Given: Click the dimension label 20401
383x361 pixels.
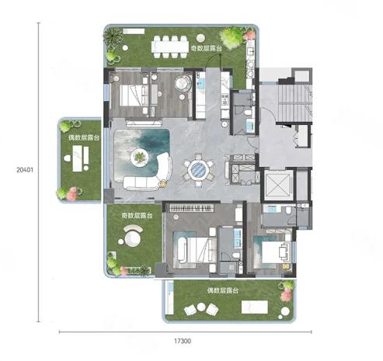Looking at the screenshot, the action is pyautogui.click(x=25, y=170).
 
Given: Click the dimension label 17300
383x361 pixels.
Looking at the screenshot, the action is pyautogui.click(x=183, y=341).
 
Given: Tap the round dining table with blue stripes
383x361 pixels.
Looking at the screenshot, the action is pyautogui.click(x=199, y=169).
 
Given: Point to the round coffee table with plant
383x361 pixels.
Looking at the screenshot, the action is pyautogui.click(x=140, y=158).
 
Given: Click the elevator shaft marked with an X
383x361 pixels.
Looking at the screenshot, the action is pyautogui.click(x=277, y=184).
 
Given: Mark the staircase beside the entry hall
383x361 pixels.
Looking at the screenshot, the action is pyautogui.click(x=294, y=102).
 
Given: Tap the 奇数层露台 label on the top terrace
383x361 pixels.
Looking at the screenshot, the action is pyautogui.click(x=206, y=48).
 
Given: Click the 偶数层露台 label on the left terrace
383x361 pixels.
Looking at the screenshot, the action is pyautogui.click(x=84, y=137).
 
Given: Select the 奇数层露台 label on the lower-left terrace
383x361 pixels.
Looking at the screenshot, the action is pyautogui.click(x=137, y=215).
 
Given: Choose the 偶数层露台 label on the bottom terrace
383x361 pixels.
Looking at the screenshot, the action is pyautogui.click(x=223, y=290).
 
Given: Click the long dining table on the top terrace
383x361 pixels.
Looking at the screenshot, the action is pyautogui.click(x=170, y=47).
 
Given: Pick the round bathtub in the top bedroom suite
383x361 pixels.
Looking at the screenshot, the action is pyautogui.click(x=183, y=83).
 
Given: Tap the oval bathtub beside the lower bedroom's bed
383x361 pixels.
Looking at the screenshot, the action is pyautogui.click(x=182, y=250).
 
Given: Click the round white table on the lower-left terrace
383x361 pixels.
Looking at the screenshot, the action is pyautogui.click(x=133, y=239).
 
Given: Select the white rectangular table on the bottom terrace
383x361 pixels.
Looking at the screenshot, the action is pyautogui.click(x=254, y=307).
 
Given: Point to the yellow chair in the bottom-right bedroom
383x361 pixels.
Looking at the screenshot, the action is pyautogui.click(x=286, y=267).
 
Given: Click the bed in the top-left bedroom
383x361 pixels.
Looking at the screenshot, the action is pyautogui.click(x=134, y=95).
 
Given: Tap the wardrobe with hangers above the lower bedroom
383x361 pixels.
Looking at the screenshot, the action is pyautogui.click(x=192, y=207).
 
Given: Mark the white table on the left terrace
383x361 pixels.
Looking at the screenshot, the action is pyautogui.click(x=78, y=158).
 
